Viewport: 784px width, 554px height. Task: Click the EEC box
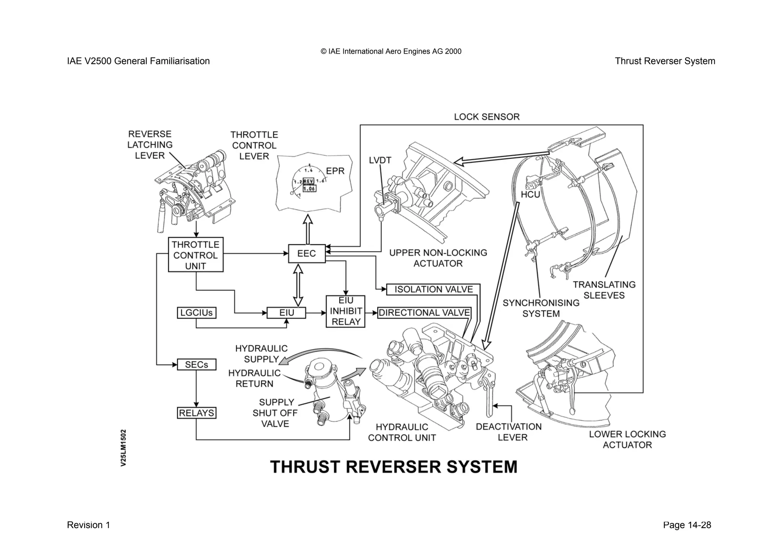pyautogui.click(x=307, y=253)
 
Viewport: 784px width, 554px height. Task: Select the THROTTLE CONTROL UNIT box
pyautogui.click(x=196, y=255)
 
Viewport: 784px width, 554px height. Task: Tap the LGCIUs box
pyautogui.click(x=196, y=313)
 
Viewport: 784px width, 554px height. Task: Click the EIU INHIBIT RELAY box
pyautogui.click(x=346, y=311)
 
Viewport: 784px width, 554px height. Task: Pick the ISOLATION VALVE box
pyautogui.click(x=433, y=289)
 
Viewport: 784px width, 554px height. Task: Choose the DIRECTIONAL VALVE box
pyautogui.click(x=424, y=313)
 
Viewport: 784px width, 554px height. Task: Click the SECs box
pyautogui.click(x=196, y=364)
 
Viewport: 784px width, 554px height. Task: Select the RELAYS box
pyautogui.click(x=197, y=413)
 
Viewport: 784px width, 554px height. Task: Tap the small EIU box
pyautogui.click(x=286, y=313)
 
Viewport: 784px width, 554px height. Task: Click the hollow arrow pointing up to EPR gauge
pyautogui.click(x=308, y=229)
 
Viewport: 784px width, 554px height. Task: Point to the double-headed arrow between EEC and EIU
pyautogui.click(x=298, y=285)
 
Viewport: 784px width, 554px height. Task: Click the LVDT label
pyautogui.click(x=380, y=160)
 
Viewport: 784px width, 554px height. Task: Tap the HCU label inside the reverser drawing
pyautogui.click(x=530, y=194)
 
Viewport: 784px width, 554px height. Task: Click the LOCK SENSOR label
pyautogui.click(x=487, y=117)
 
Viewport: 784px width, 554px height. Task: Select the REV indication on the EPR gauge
pyautogui.click(x=309, y=181)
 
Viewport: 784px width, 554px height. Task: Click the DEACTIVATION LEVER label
pyautogui.click(x=509, y=432)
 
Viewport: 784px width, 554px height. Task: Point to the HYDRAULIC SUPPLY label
pyautogui.click(x=261, y=354)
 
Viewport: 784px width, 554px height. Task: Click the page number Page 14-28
pyautogui.click(x=687, y=525)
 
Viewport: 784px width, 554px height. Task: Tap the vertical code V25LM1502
pyautogui.click(x=123, y=448)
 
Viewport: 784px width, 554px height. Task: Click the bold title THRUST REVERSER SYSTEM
pyautogui.click(x=394, y=467)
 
